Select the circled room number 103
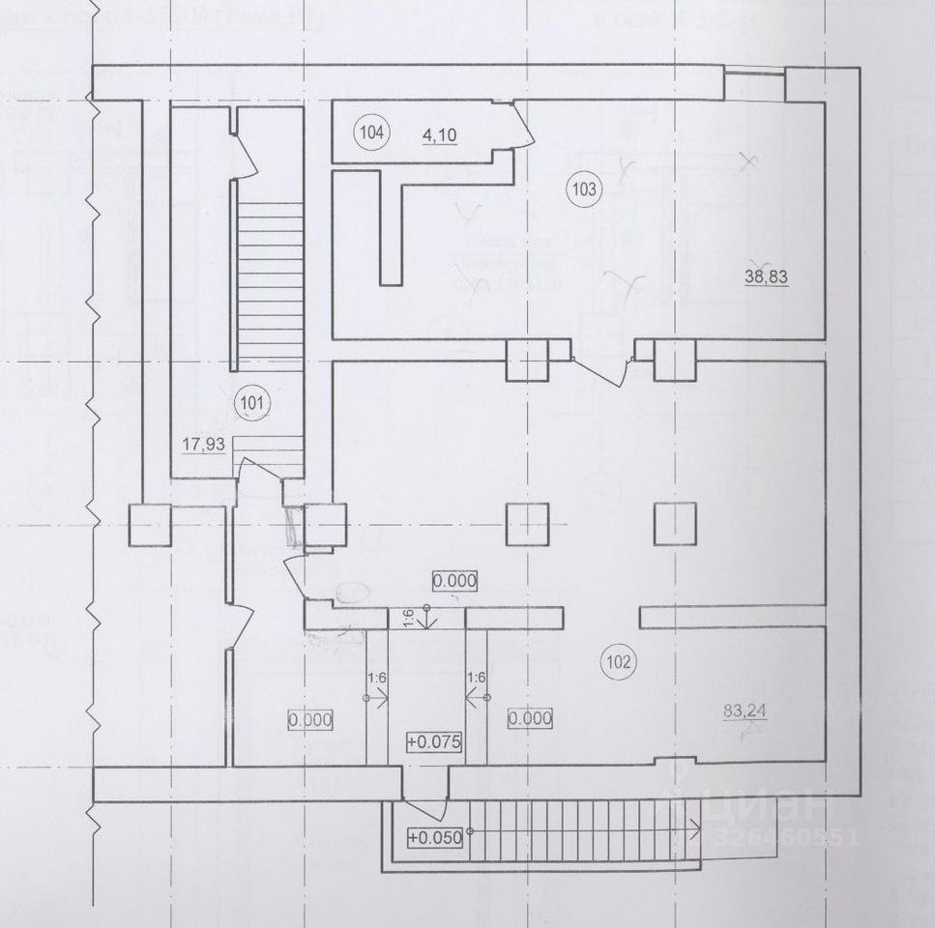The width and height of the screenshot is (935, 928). coord(584,188)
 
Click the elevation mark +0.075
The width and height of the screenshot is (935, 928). coord(436,742)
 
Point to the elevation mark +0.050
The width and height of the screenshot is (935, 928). coord(436,837)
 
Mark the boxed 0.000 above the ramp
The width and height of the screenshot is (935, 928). coord(454,580)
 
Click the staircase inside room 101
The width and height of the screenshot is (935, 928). coord(270,290)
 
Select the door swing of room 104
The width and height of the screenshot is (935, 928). coord(521,127)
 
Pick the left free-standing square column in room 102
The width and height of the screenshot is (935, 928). coord(527,523)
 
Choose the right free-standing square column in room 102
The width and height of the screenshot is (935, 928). coord(674,523)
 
